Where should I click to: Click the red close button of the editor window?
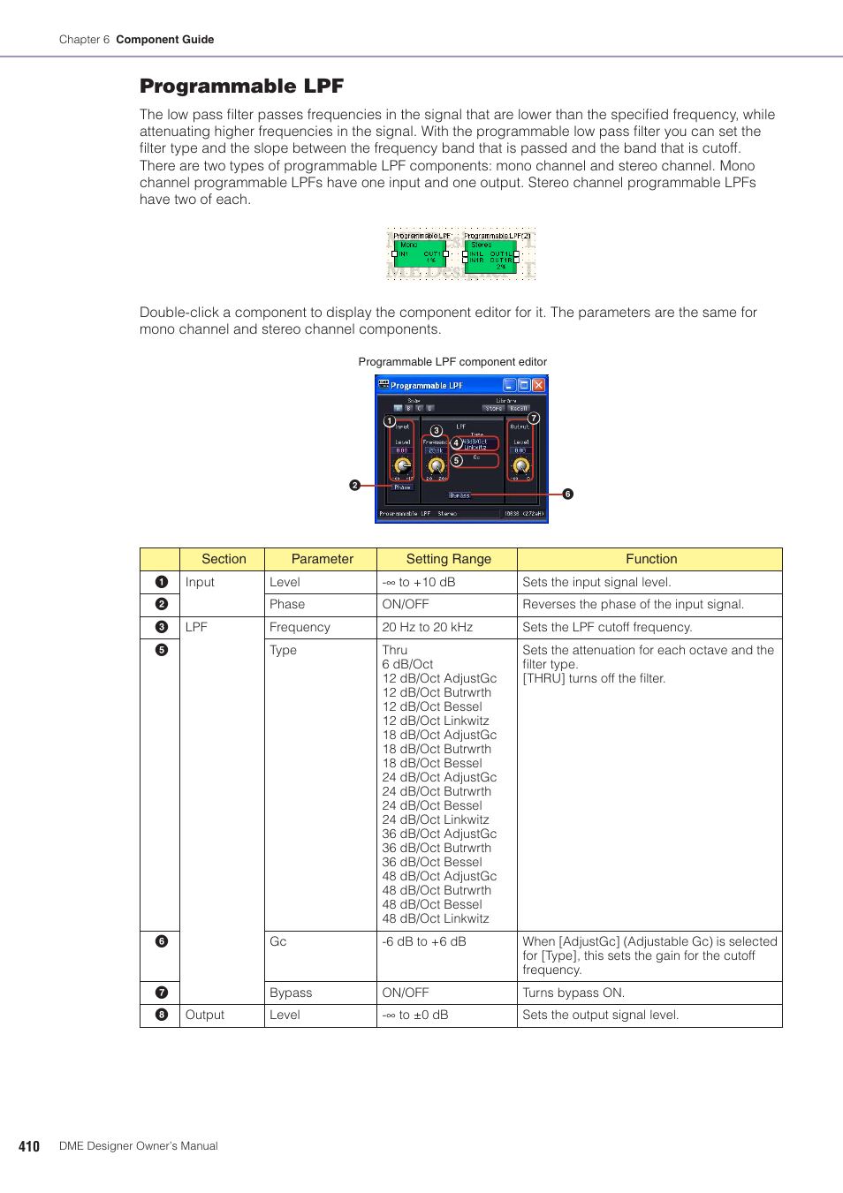click(x=538, y=385)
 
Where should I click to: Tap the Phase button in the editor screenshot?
click(x=402, y=487)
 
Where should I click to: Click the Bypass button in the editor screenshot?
click(x=459, y=495)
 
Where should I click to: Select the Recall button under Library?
click(x=519, y=409)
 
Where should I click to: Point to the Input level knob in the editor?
click(x=402, y=465)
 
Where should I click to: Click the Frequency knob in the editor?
click(x=436, y=465)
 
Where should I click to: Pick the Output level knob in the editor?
click(x=520, y=465)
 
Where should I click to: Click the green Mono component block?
click(x=420, y=254)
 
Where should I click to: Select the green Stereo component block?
click(x=490, y=254)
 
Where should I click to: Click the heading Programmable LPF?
click(x=241, y=86)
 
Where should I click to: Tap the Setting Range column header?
click(x=448, y=559)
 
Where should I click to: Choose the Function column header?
click(x=651, y=559)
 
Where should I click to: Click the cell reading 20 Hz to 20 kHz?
click(x=428, y=627)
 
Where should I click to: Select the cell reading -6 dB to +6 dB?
click(x=424, y=941)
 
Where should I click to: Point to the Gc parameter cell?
click(x=278, y=941)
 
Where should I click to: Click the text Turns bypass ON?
click(x=573, y=993)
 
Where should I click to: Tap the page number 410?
click(x=29, y=1146)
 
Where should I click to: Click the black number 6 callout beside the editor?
click(x=568, y=495)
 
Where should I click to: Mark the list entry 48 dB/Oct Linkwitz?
click(x=436, y=918)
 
